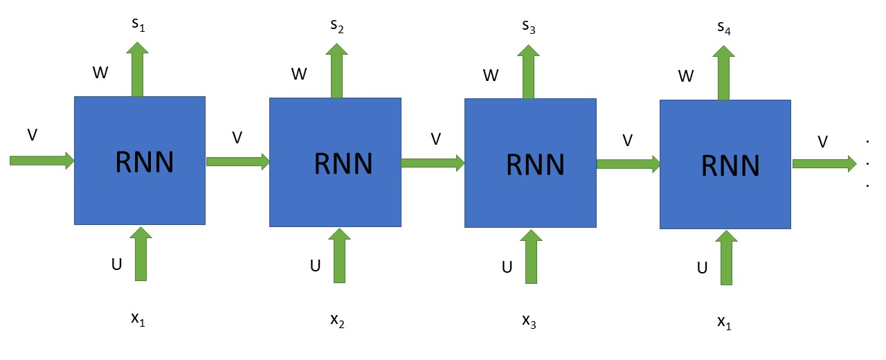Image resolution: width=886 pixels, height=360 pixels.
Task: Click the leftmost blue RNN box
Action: tap(140, 160)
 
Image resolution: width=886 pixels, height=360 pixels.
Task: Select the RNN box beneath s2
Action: tap(335, 162)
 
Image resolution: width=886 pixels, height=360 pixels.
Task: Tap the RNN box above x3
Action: tap(530, 163)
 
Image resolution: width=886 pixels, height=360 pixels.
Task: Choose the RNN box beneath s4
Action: tap(725, 165)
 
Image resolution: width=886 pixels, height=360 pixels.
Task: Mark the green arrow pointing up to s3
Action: tap(530, 72)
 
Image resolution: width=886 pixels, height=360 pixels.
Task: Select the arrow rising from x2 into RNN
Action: tap(339, 255)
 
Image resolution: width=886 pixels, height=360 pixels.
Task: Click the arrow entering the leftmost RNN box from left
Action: tap(42, 161)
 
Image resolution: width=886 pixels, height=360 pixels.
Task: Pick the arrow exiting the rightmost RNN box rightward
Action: tap(824, 163)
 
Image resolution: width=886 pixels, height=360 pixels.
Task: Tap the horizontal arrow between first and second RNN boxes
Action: tap(237, 161)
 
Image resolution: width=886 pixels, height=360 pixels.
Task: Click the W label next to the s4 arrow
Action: tap(686, 76)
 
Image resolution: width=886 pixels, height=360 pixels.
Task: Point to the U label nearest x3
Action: tap(507, 267)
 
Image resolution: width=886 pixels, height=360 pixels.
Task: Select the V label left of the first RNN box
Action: tap(32, 134)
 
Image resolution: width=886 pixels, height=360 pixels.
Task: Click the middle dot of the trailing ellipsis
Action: tap(867, 164)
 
